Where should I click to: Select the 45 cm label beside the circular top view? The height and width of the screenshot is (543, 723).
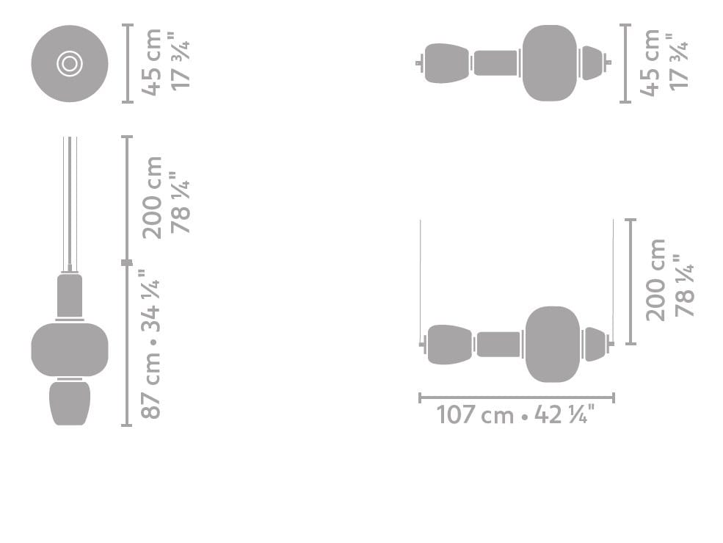click(x=152, y=62)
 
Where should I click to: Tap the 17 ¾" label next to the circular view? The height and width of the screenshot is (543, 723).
click(x=181, y=61)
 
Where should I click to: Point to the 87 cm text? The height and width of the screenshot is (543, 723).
click(x=150, y=385)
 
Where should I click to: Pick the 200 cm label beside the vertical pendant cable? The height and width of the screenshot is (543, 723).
click(x=152, y=198)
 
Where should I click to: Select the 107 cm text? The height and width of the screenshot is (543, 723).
click(x=475, y=414)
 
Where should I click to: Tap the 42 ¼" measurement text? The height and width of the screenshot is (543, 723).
click(x=564, y=414)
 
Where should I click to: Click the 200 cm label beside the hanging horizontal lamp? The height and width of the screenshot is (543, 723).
click(x=655, y=280)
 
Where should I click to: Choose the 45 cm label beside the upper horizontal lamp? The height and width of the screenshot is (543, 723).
click(x=650, y=62)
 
